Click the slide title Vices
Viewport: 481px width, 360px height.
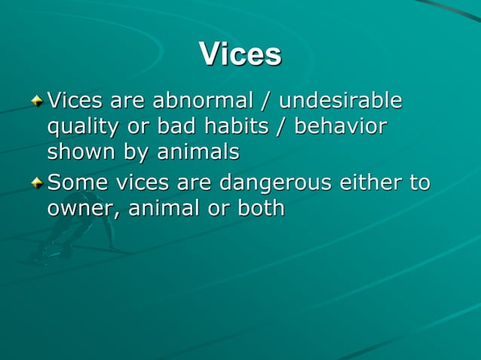[240, 54]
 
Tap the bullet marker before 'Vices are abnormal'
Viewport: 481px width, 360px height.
[38, 101]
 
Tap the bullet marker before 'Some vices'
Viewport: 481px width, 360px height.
[38, 183]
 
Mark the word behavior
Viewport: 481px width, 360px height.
[340, 126]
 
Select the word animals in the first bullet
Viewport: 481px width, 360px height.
[198, 152]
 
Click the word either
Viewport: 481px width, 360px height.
[373, 182]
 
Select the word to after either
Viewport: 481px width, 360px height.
[419, 182]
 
